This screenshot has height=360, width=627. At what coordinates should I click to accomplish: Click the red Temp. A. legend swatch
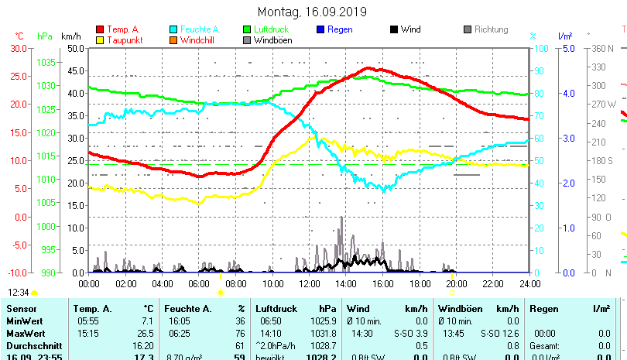point(99,29)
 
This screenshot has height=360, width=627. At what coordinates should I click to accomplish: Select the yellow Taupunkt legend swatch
point(99,39)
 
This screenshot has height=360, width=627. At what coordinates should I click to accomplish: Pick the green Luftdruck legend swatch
point(247,29)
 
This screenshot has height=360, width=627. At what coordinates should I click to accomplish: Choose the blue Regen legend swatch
point(321,29)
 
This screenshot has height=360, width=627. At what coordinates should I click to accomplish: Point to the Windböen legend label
point(272,39)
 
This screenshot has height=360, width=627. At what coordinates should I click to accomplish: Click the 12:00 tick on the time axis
point(309,283)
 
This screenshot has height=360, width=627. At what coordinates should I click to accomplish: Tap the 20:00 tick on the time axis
point(456,283)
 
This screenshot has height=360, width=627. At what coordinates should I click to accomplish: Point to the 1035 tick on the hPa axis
point(46,62)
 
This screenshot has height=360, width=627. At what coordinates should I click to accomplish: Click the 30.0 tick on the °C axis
point(18,48)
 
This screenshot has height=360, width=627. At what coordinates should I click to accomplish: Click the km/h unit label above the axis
point(70,36)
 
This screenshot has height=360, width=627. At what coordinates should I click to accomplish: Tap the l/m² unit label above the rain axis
point(565,36)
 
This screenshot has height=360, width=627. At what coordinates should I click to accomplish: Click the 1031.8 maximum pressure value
point(324,334)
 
